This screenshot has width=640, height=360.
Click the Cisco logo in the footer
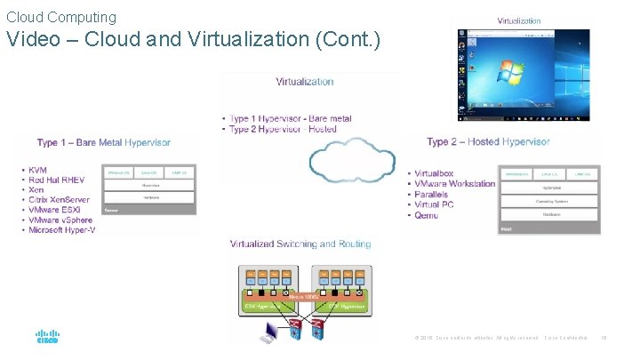click(46, 339)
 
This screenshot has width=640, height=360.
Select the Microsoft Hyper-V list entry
click(61, 230)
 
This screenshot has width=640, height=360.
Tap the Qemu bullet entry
click(427, 216)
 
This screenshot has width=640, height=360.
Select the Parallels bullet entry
click(435, 195)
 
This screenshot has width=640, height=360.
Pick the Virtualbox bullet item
click(434, 173)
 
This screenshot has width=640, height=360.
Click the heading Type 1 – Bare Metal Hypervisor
click(104, 142)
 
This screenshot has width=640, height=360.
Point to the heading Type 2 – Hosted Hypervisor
click(488, 141)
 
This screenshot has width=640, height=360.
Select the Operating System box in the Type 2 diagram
click(546, 201)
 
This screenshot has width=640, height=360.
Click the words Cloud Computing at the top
click(61, 17)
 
